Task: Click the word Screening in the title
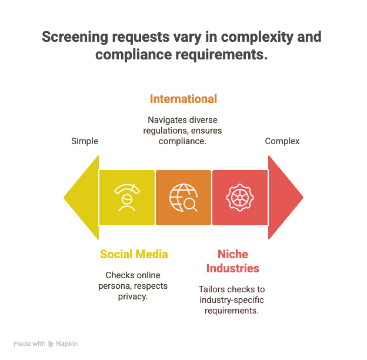(75, 37)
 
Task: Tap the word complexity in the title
(257, 37)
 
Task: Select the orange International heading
(183, 99)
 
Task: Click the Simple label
(85, 141)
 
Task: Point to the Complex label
(282, 141)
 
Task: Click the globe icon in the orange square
(183, 198)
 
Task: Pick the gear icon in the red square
(240, 198)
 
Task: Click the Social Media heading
(134, 254)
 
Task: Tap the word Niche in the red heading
(233, 254)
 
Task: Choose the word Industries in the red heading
(233, 268)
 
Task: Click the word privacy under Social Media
(133, 297)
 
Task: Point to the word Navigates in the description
(164, 120)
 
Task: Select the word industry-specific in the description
(232, 300)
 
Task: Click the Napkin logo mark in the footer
(51, 344)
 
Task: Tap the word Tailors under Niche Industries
(212, 289)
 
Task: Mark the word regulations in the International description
(166, 131)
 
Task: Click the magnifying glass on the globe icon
(191, 205)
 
